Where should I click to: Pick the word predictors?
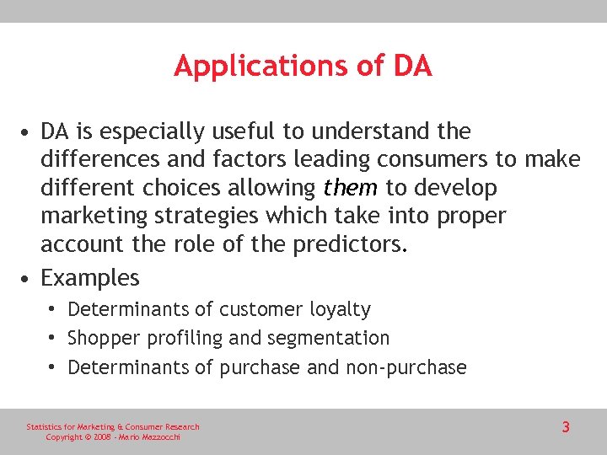click(x=347, y=244)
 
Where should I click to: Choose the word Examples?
click(x=90, y=277)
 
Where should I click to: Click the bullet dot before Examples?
click(x=29, y=278)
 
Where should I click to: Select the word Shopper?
click(x=105, y=339)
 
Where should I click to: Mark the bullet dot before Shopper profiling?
click(x=53, y=339)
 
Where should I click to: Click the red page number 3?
click(x=566, y=427)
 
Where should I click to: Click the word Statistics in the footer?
click(x=43, y=427)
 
